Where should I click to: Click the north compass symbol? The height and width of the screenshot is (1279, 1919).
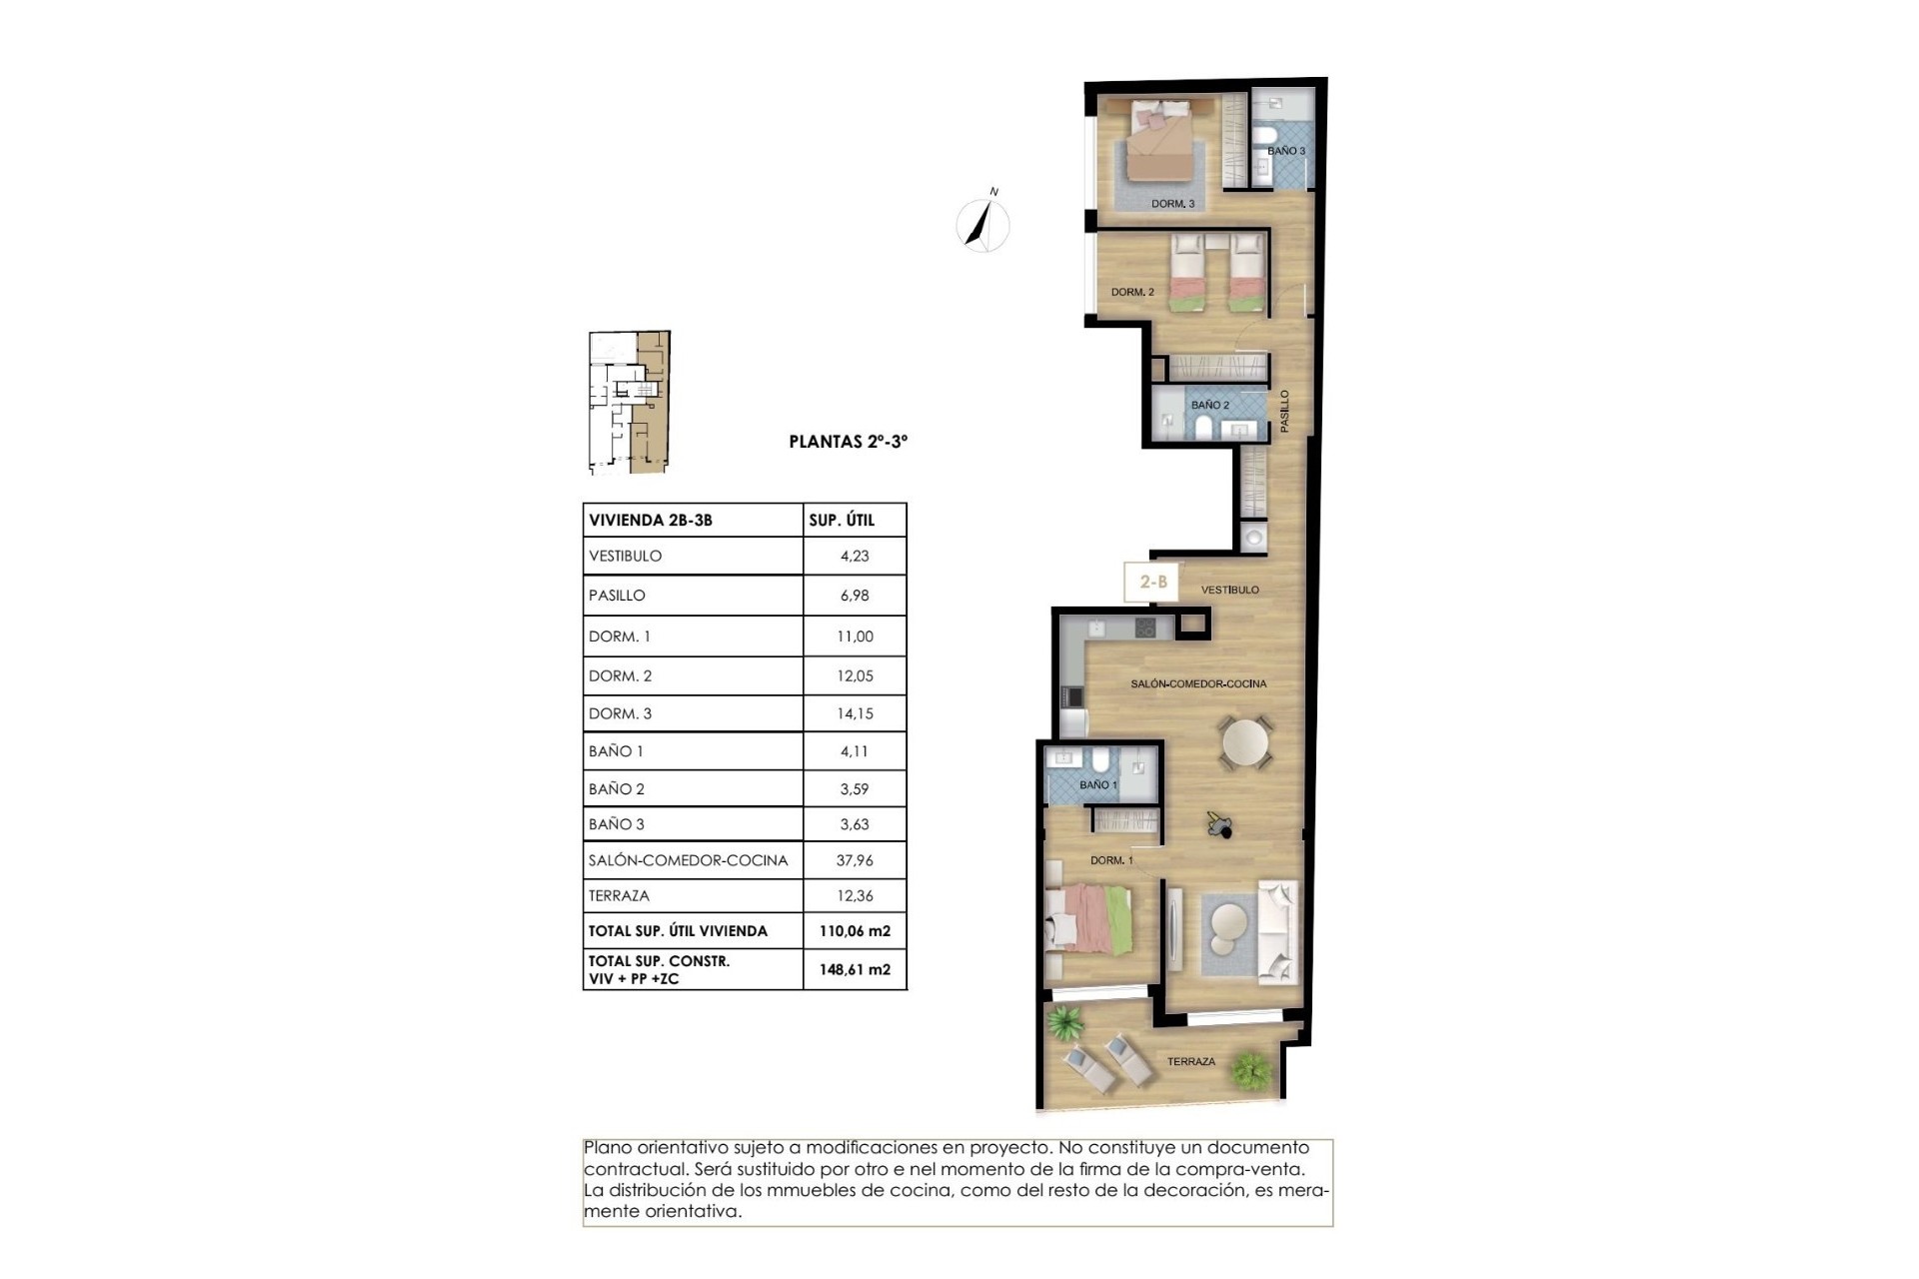982,222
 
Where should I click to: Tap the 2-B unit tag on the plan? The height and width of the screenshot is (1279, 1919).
1153,581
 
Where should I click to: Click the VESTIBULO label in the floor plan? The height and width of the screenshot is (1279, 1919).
1229,590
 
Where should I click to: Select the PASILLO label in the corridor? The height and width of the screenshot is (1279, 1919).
1285,411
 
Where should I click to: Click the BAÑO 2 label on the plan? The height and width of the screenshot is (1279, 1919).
1209,405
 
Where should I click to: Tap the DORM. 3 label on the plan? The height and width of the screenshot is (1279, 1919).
1172,204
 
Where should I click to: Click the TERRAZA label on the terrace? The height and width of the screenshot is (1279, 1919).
1191,1061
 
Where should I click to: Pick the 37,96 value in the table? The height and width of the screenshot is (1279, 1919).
855,859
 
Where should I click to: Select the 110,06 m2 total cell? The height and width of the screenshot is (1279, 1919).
855,931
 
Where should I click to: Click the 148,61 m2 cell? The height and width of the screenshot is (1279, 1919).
855,969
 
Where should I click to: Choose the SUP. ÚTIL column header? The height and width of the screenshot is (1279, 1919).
842,520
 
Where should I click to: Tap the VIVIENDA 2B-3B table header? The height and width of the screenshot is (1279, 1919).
651,520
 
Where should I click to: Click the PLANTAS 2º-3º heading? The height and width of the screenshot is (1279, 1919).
848,441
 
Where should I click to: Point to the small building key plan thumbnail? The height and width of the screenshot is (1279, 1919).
628,402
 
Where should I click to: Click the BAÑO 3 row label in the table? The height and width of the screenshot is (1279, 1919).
617,824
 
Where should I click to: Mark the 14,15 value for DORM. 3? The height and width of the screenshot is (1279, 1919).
855,713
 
